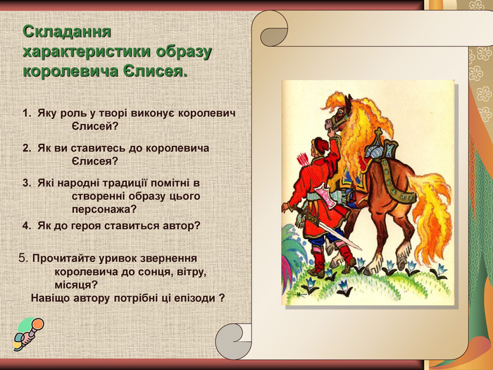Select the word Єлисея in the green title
[x=158, y=71]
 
